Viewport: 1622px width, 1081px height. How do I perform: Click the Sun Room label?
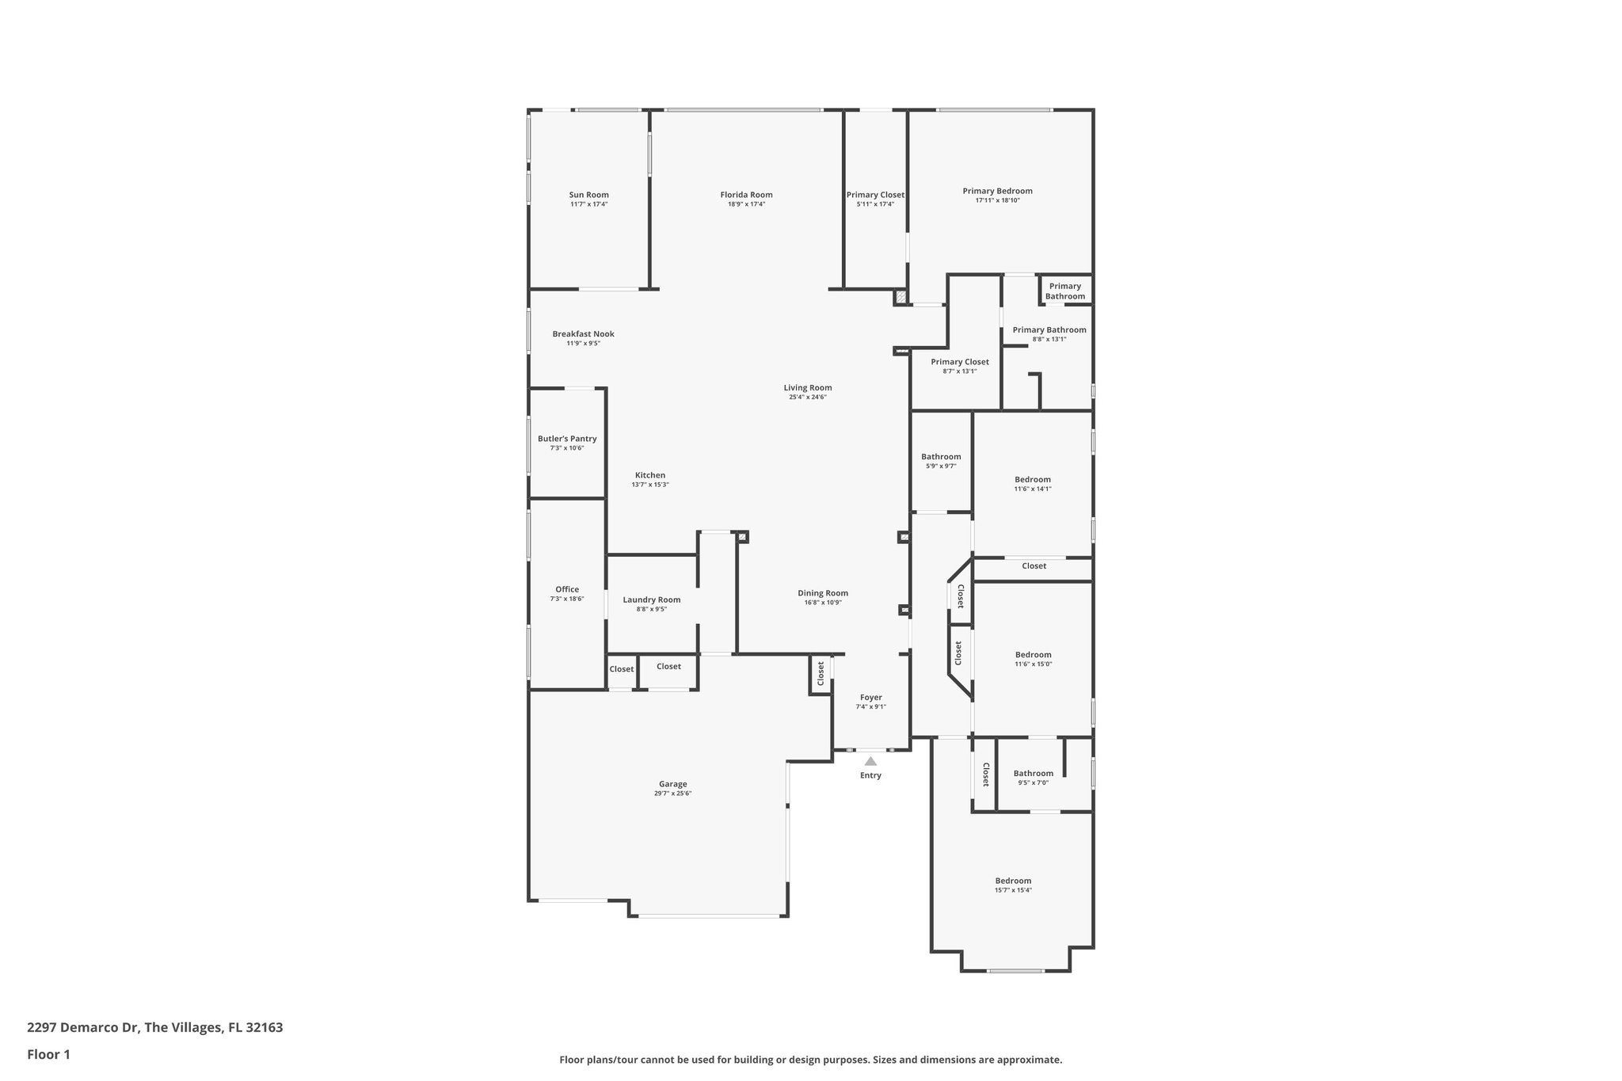tap(588, 195)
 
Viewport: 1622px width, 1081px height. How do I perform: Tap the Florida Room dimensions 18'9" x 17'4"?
tap(746, 204)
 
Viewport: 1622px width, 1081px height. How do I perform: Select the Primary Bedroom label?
tap(997, 191)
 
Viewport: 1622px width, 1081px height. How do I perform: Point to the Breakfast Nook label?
tap(583, 334)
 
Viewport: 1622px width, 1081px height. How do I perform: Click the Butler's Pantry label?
tap(567, 439)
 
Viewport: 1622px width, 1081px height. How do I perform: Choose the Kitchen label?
tap(649, 475)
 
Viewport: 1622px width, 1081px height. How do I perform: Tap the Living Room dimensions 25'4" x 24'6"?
tap(807, 398)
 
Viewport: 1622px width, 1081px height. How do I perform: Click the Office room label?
tap(567, 589)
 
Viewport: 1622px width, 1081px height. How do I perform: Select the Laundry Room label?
tap(651, 599)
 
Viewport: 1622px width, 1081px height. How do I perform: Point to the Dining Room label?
tap(823, 593)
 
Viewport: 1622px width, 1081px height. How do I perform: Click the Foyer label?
tap(870, 698)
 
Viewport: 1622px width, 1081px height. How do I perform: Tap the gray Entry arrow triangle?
tap(870, 761)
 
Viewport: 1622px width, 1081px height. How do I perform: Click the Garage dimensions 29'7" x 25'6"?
tap(672, 794)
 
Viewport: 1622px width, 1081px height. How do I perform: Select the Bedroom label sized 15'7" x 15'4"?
tap(1013, 881)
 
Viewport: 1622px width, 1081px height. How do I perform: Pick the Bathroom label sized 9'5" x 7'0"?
tap(1033, 774)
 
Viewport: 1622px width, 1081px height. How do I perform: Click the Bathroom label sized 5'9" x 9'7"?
tap(941, 457)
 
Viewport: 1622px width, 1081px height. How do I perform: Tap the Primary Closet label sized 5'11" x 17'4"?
tap(875, 195)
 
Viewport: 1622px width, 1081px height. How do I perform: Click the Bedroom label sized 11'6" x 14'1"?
tap(1033, 479)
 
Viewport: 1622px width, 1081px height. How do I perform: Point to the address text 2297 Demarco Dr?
tap(83, 1028)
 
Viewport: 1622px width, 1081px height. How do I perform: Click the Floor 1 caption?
tap(49, 1055)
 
